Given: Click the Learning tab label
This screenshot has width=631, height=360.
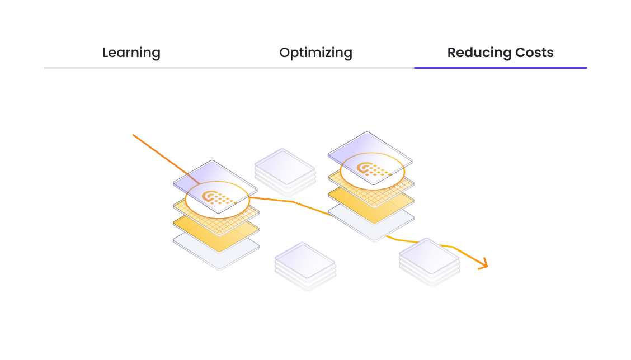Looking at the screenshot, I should click(x=131, y=53).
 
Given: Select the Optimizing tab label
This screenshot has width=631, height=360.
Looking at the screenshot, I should click(x=315, y=53).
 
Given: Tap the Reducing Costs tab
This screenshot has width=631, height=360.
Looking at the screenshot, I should click(x=500, y=53).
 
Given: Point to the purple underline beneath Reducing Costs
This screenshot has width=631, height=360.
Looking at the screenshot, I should click(x=500, y=68).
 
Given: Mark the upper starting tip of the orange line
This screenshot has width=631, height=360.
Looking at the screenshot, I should click(x=134, y=135).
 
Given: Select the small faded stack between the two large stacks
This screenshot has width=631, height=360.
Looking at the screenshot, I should click(x=285, y=167).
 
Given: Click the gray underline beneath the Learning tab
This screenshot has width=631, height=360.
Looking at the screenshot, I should click(x=131, y=68).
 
